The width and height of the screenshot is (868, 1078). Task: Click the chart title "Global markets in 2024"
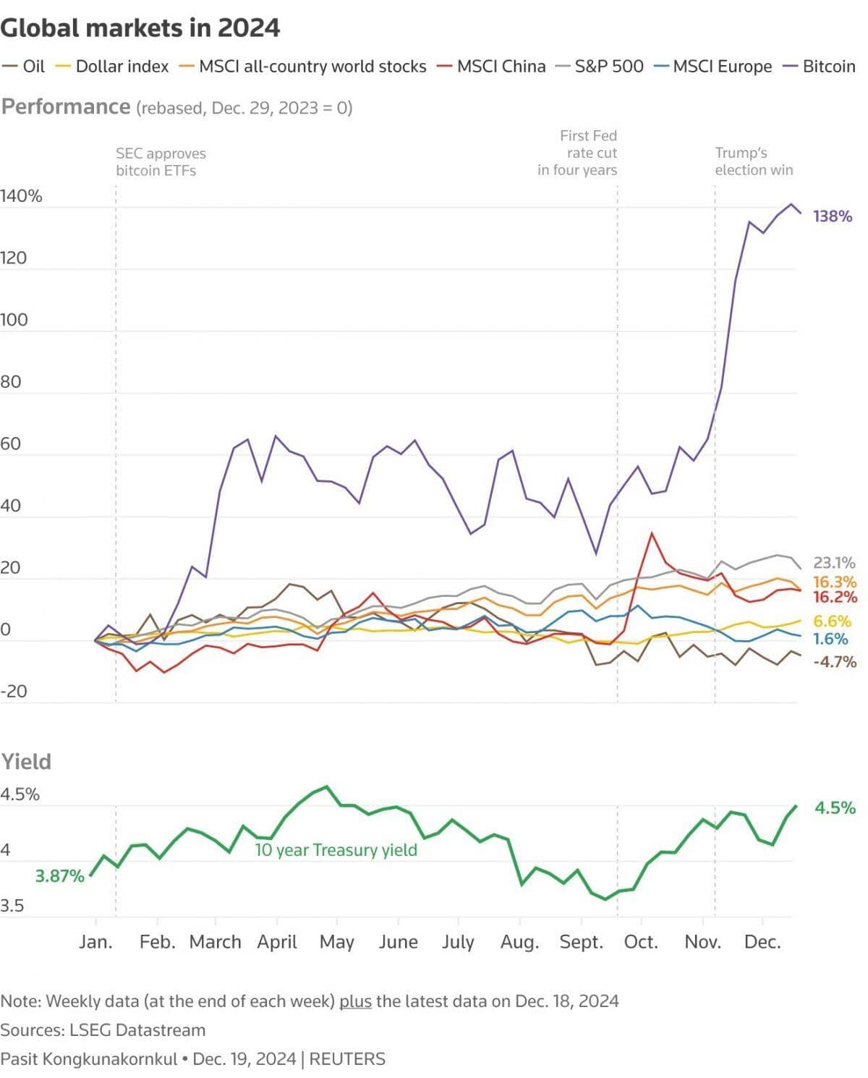[140, 28]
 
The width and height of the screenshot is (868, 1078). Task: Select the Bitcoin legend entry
[820, 66]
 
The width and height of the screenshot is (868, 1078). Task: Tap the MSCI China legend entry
[491, 66]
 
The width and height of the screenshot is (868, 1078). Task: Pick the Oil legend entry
[23, 66]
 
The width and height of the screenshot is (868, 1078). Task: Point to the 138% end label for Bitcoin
[833, 216]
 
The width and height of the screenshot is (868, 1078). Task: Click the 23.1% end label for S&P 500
[834, 563]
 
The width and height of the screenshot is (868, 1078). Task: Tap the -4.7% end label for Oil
[835, 662]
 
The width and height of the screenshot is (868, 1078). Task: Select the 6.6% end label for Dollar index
[832, 621]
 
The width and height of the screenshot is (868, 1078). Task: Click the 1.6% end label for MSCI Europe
[830, 639]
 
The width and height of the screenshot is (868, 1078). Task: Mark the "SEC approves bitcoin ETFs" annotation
[161, 162]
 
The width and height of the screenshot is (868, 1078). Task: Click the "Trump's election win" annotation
[754, 161]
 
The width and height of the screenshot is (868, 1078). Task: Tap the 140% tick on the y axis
[21, 196]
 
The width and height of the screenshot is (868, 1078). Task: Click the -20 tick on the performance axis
[14, 691]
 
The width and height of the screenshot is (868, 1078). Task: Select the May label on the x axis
[336, 942]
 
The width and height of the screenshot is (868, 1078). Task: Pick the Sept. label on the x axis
[582, 942]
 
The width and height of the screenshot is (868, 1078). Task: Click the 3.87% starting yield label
[59, 876]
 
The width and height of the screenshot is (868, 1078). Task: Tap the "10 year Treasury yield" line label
[336, 850]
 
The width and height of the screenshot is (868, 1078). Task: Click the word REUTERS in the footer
[347, 1059]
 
